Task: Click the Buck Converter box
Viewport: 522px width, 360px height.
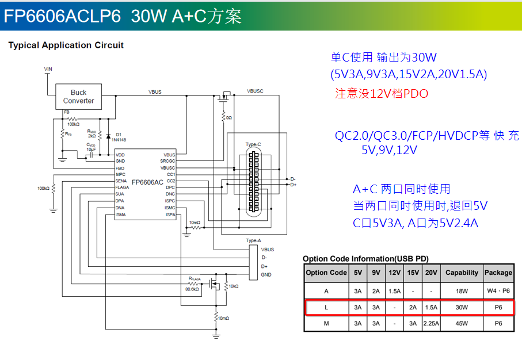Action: tap(78, 97)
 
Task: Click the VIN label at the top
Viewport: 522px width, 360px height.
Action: tap(48, 69)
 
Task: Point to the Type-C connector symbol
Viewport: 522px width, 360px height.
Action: tap(252, 182)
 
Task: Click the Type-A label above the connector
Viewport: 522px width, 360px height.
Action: tap(253, 240)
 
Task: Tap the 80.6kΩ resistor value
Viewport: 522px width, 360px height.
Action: tap(192, 289)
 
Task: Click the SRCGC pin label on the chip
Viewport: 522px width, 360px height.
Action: tap(167, 162)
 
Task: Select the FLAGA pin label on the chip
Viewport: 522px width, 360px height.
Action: tap(122, 187)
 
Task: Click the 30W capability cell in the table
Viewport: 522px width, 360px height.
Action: tap(462, 308)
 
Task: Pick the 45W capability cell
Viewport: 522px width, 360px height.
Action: tap(462, 323)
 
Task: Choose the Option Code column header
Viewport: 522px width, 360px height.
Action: tap(326, 273)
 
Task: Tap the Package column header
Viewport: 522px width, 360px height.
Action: tap(498, 273)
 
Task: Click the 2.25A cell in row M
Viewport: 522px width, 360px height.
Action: tap(430, 323)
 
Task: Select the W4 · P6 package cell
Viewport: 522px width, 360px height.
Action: tap(498, 291)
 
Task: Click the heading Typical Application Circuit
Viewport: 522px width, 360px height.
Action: tap(66, 45)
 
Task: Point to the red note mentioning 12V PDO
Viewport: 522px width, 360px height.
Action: tap(382, 94)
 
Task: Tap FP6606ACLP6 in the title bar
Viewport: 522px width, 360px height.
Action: tap(63, 16)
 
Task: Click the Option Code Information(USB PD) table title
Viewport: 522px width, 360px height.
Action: tap(365, 259)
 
